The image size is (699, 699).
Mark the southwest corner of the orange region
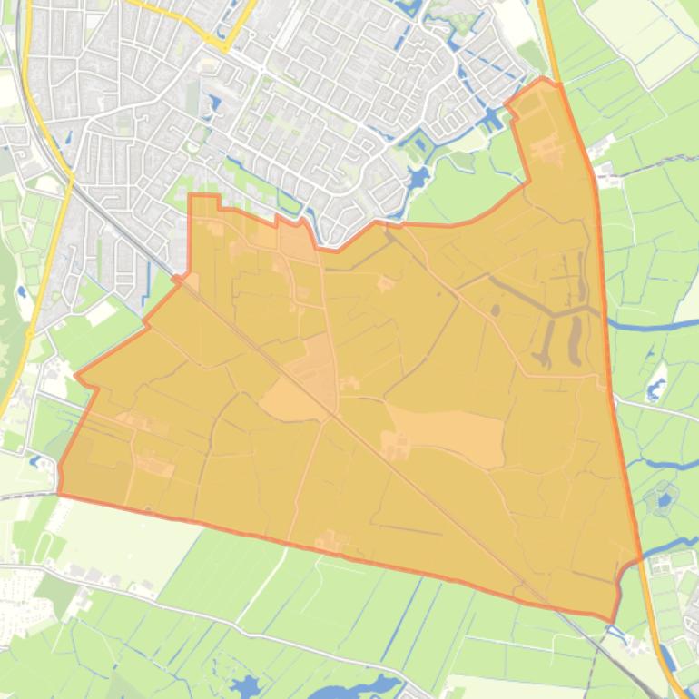[x=59, y=494]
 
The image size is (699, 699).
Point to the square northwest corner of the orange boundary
[x=191, y=195]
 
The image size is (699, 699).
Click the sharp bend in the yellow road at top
[x=224, y=46]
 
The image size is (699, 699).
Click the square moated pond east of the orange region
[x=664, y=499]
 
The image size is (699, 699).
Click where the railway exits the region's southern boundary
[x=554, y=605]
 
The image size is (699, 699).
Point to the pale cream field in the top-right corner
[x=635, y=27]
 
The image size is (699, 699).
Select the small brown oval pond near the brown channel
[x=495, y=310]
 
